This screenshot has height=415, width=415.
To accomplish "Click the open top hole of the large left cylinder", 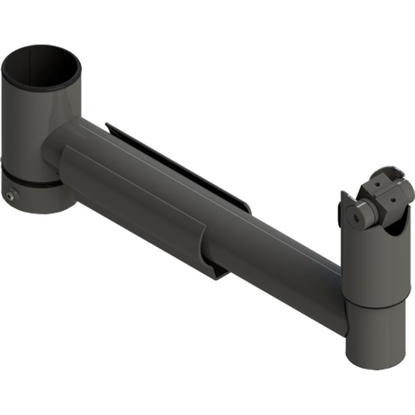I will click(x=41, y=67).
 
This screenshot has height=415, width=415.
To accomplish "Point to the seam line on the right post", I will click(x=375, y=301).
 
